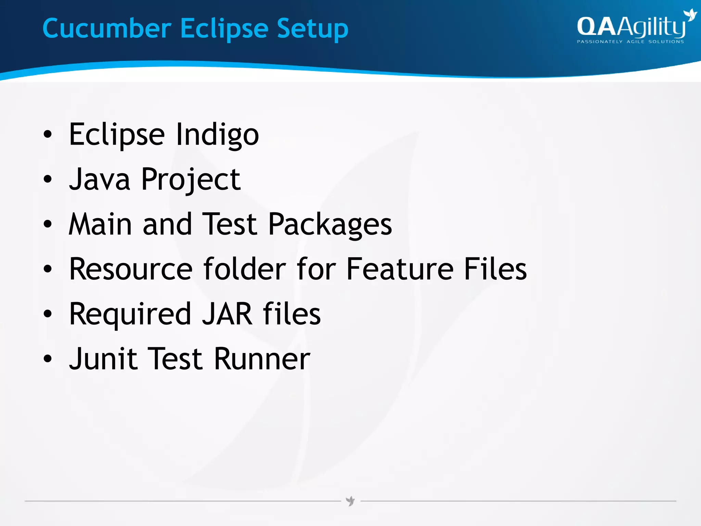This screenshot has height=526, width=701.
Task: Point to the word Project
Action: [x=191, y=180]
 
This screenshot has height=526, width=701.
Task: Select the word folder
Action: [x=245, y=269]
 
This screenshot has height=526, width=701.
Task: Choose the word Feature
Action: [x=400, y=269]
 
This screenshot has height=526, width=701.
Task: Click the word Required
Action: [x=130, y=314]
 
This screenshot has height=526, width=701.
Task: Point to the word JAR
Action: [x=227, y=314]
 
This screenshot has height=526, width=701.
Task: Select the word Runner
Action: [x=262, y=359]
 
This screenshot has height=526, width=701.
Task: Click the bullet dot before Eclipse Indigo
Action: [x=48, y=135]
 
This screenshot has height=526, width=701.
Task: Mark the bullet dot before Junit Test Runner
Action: [x=48, y=359]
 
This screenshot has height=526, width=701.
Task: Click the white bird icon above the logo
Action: [x=689, y=15]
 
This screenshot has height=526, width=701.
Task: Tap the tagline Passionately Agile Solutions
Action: [x=630, y=42]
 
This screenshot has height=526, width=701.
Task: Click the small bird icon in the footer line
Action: [x=350, y=501]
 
